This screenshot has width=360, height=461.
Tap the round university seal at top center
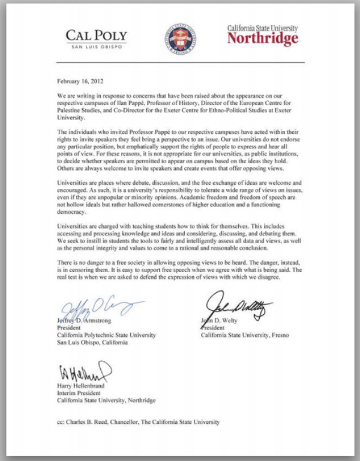180,38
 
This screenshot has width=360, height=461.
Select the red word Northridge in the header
262,40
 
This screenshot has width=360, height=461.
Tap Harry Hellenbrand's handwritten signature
84,372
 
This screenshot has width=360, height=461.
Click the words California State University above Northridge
262,28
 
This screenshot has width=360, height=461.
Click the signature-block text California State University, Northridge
106,400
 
